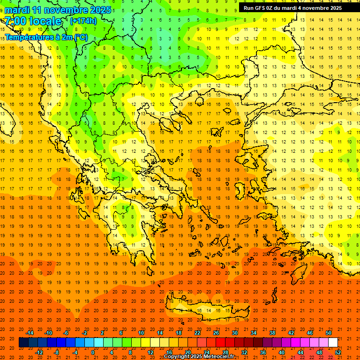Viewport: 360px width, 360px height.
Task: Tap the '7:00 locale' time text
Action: point(33,21)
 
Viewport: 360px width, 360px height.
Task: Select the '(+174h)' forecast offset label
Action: point(83,21)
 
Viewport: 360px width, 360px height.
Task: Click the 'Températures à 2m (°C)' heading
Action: point(46,37)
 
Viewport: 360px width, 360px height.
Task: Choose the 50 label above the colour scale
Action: point(329,333)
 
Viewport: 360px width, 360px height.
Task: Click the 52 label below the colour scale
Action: point(338,352)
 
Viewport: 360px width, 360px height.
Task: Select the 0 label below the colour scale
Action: point(93,352)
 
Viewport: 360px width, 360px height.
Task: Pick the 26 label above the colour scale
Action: point(216,333)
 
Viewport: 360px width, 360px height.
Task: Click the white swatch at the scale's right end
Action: point(333,343)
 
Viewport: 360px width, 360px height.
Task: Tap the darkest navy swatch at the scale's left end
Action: point(23,343)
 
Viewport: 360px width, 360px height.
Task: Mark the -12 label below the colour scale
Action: point(39,352)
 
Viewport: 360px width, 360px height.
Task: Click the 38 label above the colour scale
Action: point(272,333)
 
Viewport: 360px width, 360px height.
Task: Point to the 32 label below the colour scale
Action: point(244,352)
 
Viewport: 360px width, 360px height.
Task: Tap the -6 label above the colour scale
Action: point(67,333)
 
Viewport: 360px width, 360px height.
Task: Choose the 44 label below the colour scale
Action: point(300,352)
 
